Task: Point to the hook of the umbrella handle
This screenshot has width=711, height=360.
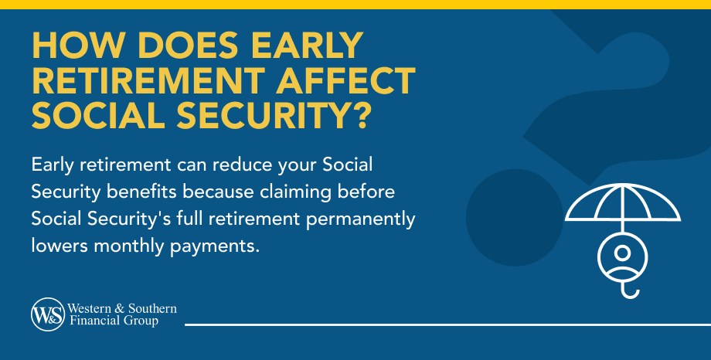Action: (x=630, y=292)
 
